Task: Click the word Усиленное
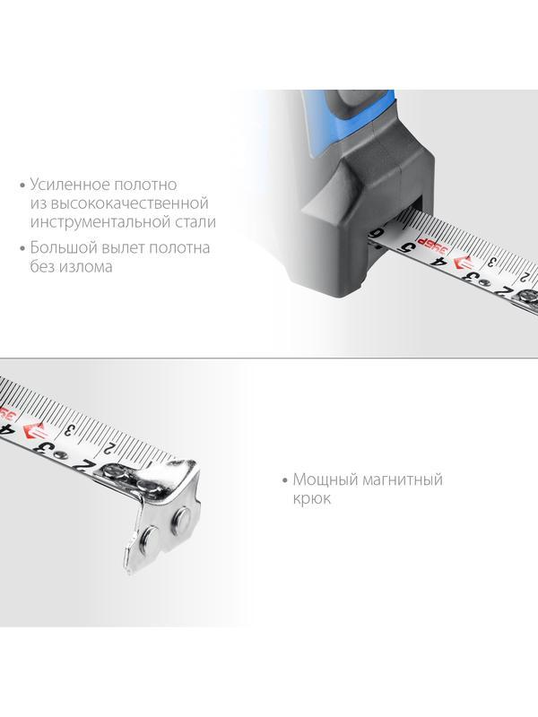[x=70, y=185]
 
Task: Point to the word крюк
[x=311, y=498]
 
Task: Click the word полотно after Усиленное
[x=145, y=185]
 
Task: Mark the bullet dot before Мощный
[x=285, y=480]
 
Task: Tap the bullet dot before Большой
[x=22, y=248]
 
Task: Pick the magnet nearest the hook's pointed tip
[x=149, y=535]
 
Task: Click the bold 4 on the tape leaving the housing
[x=438, y=262]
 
